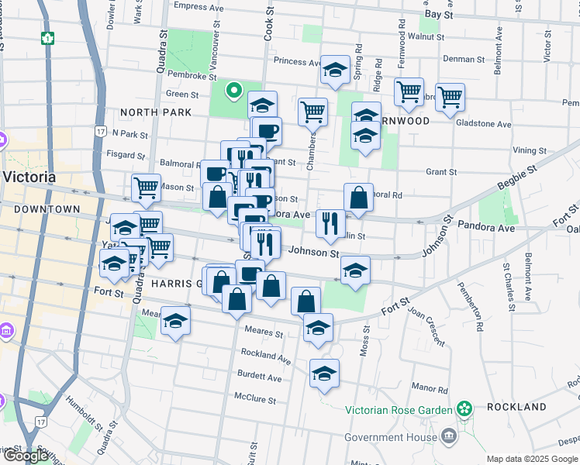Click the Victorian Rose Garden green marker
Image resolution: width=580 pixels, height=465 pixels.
tap(464, 408)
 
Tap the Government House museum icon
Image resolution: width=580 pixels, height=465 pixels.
tap(448, 437)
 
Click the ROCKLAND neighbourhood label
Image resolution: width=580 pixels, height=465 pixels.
tap(516, 407)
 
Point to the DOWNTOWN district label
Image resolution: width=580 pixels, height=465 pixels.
tap(47, 209)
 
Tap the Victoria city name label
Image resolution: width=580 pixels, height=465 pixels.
tap(29, 176)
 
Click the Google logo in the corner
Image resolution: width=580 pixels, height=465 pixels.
tap(26, 456)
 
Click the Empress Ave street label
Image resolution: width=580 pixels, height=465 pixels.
tap(202, 6)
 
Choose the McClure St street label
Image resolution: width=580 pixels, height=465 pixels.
tap(255, 399)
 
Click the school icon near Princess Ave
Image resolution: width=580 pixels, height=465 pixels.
tap(335, 70)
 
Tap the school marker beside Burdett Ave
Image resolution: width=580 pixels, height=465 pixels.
tap(324, 374)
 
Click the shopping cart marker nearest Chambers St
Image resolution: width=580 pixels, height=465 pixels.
tap(312, 111)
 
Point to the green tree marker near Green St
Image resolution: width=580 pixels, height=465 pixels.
tap(233, 91)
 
